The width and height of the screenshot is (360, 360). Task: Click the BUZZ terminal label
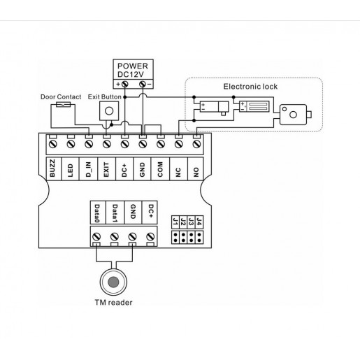click(52, 168)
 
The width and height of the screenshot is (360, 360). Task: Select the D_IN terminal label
click(88, 169)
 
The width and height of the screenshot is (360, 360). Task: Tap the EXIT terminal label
click(106, 169)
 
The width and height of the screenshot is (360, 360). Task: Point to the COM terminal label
click(160, 169)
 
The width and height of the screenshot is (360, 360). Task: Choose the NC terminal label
click(178, 173)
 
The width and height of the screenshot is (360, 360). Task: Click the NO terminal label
click(196, 173)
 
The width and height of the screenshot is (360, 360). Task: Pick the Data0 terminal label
click(97, 213)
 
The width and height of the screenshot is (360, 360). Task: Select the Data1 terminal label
click(115, 213)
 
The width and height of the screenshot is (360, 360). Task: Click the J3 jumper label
click(191, 222)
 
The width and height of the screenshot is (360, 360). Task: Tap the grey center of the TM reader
click(113, 282)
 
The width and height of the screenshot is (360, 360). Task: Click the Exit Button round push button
click(109, 111)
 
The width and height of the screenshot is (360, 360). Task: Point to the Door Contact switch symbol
click(64, 105)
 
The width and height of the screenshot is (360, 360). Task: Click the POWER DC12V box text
click(133, 70)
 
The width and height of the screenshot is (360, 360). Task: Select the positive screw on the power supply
click(125, 84)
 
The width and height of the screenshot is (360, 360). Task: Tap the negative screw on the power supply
click(143, 84)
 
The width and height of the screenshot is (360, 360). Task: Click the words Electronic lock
click(250, 87)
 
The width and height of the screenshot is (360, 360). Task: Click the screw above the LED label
click(71, 144)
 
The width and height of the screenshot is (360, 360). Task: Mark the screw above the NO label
click(196, 144)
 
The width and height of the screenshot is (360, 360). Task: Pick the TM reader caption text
click(113, 303)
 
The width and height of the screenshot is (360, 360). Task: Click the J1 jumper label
click(175, 222)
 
